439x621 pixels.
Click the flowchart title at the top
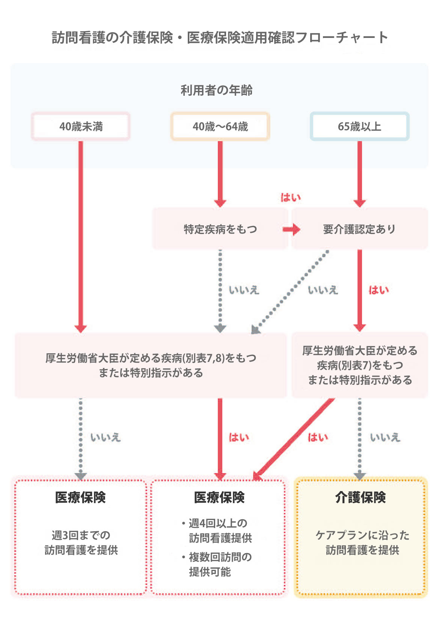(x=220, y=38)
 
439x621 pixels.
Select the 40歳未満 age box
(x=81, y=127)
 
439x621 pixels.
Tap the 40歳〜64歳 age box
(x=220, y=127)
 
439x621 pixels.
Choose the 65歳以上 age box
(x=359, y=127)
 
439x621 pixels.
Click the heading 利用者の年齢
(x=217, y=90)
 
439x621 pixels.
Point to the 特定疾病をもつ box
(x=220, y=229)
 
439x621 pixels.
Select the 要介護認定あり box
(x=359, y=229)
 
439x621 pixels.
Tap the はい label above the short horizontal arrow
(x=291, y=197)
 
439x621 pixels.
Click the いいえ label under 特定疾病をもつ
(x=244, y=290)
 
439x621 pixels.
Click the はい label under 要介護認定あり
(x=378, y=290)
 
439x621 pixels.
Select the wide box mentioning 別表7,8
(x=151, y=365)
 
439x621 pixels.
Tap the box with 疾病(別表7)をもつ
(x=360, y=365)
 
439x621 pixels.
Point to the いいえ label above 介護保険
(x=385, y=437)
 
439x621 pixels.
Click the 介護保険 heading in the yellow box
(x=360, y=497)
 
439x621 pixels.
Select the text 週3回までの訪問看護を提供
(x=81, y=543)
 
